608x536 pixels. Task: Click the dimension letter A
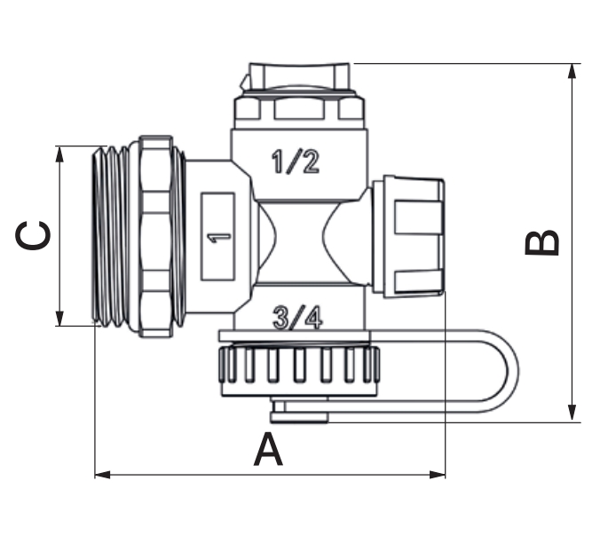268,450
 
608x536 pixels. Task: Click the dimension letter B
542,243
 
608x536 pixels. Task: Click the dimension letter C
33,236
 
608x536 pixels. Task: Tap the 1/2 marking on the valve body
296,162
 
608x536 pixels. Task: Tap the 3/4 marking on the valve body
297,318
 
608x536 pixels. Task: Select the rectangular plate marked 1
217,236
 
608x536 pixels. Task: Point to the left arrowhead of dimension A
102,475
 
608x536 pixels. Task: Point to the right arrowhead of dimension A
438,475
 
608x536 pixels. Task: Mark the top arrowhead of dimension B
572,71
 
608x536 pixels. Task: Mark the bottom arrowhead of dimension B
572,414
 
